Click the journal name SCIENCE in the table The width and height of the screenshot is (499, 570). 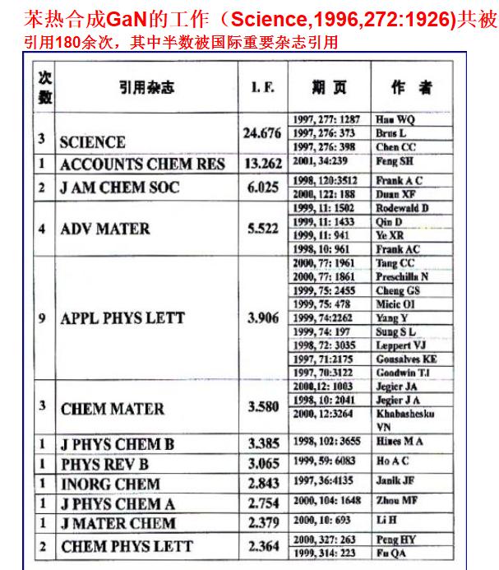click(92, 142)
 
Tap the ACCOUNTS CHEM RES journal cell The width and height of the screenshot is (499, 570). click(141, 165)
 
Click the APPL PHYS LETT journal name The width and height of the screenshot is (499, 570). click(122, 318)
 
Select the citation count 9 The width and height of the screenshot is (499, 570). click(41, 318)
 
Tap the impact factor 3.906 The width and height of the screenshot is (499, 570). click(263, 317)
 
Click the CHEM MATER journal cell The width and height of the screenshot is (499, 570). click(112, 408)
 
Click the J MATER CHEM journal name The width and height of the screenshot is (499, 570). click(118, 523)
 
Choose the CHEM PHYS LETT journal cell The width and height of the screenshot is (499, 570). click(127, 545)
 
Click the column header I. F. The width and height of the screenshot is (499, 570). click(262, 86)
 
